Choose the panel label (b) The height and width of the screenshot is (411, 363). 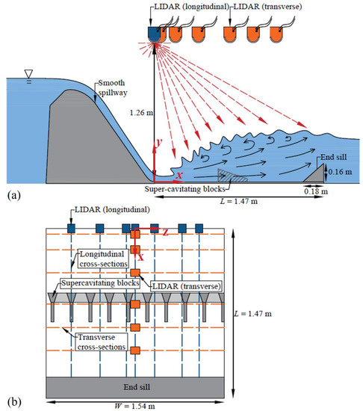12,402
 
